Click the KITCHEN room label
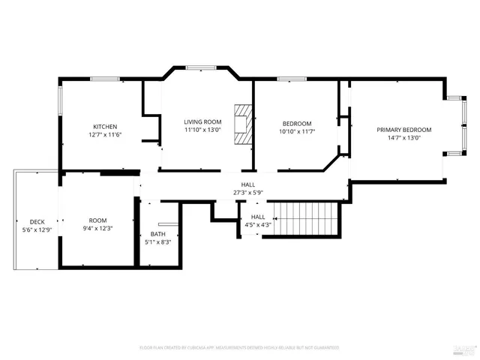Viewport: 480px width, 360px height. coord(104,126)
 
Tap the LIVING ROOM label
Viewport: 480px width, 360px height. coord(202,121)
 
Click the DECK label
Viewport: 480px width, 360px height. coord(37,222)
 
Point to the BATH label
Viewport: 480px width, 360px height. coord(157,234)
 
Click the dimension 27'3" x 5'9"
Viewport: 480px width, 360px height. coord(247,192)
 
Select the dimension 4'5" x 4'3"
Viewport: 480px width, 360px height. coord(252,224)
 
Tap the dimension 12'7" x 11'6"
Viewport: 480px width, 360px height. coord(104,134)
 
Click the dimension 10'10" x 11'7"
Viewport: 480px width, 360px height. coord(298,131)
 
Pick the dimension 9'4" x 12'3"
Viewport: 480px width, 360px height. coord(98,229)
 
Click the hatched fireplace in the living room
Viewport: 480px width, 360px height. coord(242,123)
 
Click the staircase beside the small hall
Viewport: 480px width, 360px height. coord(304,218)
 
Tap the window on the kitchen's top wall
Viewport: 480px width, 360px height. coord(103,79)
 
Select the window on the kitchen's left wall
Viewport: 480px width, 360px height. coord(60,100)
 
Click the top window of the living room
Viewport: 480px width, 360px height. coord(202,67)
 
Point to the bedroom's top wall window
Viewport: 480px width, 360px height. coord(289,79)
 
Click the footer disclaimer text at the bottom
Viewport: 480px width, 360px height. coord(239,348)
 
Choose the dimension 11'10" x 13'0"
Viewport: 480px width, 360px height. coord(202,130)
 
